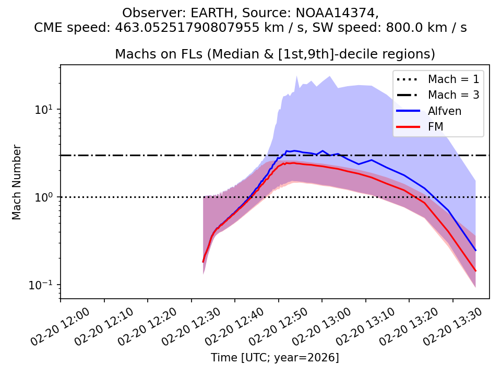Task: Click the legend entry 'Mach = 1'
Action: pyautogui.click(x=453, y=79)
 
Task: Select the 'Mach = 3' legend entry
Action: pyautogui.click(x=453, y=95)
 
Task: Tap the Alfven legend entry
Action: pyautogui.click(x=444, y=111)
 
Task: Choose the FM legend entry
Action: pyautogui.click(x=435, y=126)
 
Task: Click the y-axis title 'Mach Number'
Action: pyautogui.click(x=17, y=182)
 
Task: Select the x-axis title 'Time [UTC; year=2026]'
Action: pyautogui.click(x=275, y=358)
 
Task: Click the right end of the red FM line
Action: pyautogui.click(x=475, y=271)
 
